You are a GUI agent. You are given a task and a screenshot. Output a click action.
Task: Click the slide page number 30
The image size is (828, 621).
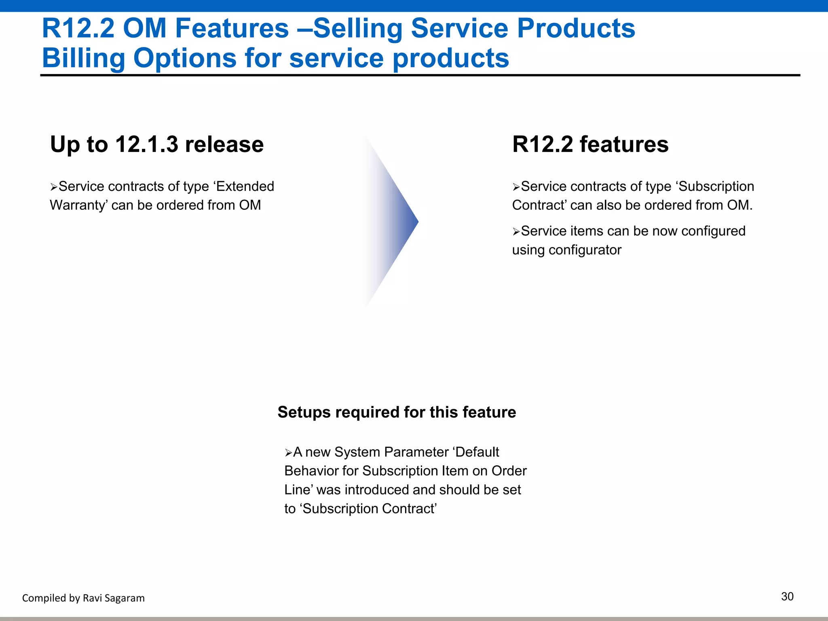click(787, 596)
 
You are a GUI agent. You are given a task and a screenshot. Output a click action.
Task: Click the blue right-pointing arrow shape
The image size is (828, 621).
click(394, 222)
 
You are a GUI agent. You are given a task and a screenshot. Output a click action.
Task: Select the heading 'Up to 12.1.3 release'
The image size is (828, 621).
click(157, 144)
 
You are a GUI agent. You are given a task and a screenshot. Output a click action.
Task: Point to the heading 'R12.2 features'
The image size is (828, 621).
click(590, 144)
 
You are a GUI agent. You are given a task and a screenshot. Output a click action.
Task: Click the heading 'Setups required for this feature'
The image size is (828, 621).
click(397, 412)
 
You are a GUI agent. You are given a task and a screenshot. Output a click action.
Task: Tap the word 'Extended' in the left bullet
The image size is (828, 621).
click(245, 186)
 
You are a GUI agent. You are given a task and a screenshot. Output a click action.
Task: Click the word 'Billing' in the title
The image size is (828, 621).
click(83, 58)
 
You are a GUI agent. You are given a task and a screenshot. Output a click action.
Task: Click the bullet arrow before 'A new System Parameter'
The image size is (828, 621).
click(288, 453)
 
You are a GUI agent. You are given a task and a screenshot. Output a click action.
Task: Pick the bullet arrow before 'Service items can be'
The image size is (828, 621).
click(516, 232)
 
